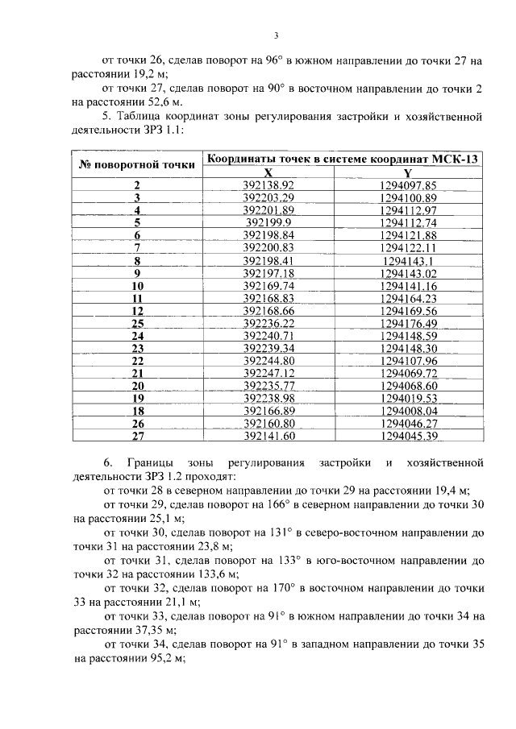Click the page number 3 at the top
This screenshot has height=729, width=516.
276,35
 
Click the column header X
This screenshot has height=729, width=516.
268,172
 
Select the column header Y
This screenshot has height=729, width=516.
408,172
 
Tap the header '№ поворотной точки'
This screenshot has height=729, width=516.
137,165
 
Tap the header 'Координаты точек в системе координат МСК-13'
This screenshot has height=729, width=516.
342,159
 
